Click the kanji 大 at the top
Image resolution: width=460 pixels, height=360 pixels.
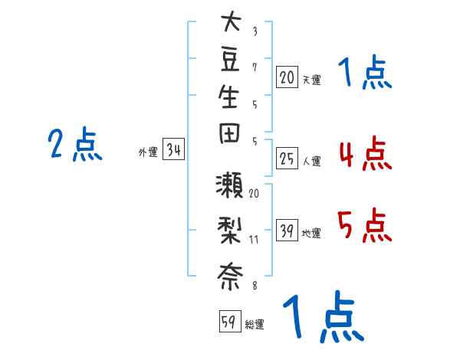pyautogui.click(x=232, y=21)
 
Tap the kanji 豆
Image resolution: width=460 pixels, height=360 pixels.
pyautogui.click(x=230, y=60)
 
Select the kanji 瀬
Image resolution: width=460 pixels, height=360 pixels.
pyautogui.click(x=229, y=185)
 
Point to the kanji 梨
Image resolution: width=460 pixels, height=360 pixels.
pyautogui.click(x=229, y=231)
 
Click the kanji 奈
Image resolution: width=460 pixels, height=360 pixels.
pyautogui.click(x=230, y=277)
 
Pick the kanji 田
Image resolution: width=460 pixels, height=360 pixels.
pyautogui.click(x=229, y=133)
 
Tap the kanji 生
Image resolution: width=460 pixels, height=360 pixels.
pyautogui.click(x=228, y=97)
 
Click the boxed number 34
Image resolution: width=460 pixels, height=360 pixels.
pyautogui.click(x=173, y=149)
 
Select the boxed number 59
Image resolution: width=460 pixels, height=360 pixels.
pyautogui.click(x=230, y=321)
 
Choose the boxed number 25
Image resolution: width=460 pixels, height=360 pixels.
pyautogui.click(x=287, y=159)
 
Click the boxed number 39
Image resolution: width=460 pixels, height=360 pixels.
pyautogui.click(x=287, y=230)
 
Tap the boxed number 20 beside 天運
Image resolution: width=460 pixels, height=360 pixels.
pyautogui.click(x=287, y=77)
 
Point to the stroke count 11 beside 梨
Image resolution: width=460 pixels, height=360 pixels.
pyautogui.click(x=254, y=240)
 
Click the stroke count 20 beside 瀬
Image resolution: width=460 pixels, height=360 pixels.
pyautogui.click(x=254, y=194)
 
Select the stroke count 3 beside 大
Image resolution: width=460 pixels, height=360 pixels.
pyautogui.click(x=255, y=31)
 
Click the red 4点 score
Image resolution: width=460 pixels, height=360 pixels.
pyautogui.click(x=366, y=154)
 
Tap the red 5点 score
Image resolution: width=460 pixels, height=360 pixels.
pyautogui.click(x=365, y=225)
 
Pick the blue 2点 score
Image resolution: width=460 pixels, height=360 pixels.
pyautogui.click(x=75, y=144)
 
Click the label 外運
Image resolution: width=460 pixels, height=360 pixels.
pyautogui.click(x=148, y=152)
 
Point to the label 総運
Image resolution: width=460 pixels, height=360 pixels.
pyautogui.click(x=255, y=325)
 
